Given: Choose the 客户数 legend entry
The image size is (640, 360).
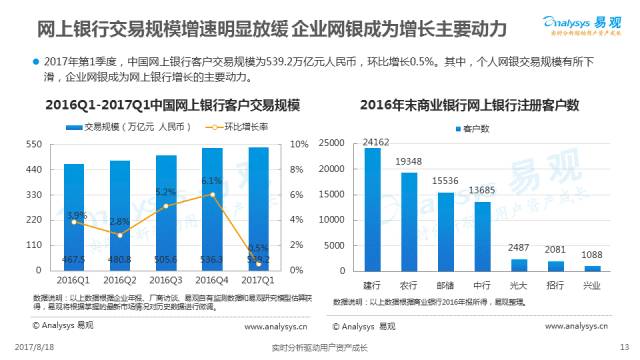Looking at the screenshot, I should tap(472, 128).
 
